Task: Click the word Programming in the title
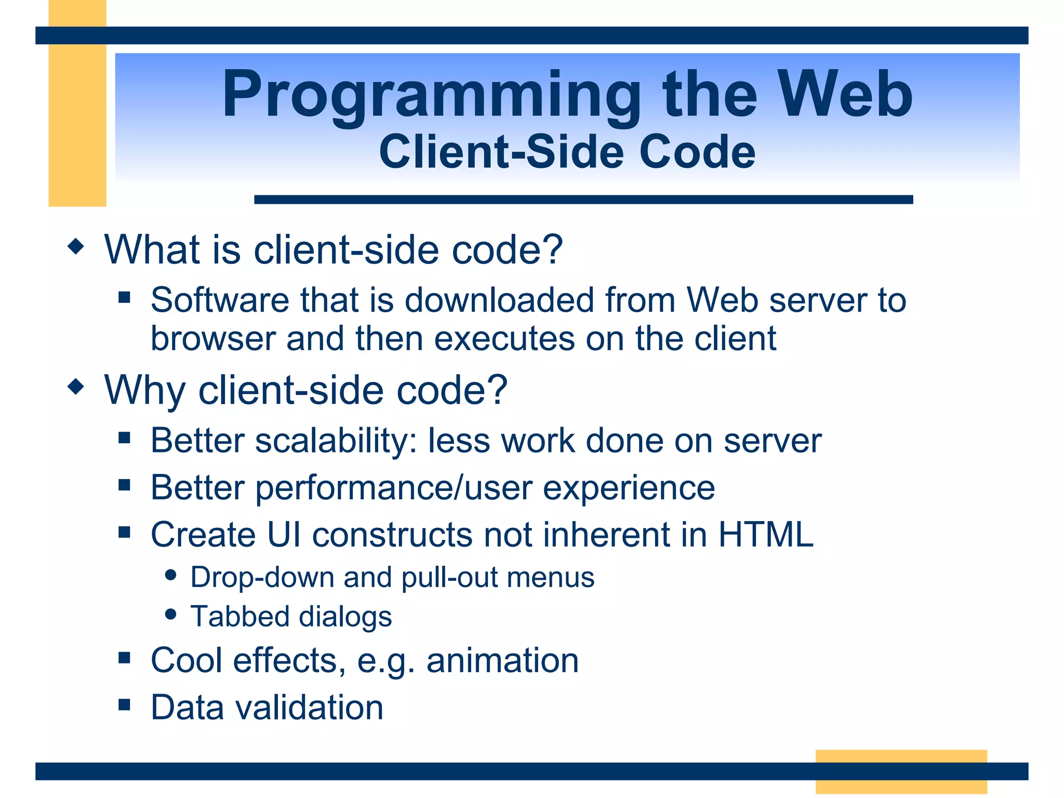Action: pos(431,96)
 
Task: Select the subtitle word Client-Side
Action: pos(501,152)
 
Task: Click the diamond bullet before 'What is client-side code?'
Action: pos(76,246)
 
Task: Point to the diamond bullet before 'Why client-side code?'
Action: pos(76,387)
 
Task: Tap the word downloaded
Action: pos(499,300)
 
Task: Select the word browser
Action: pos(214,339)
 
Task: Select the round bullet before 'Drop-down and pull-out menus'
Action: pos(170,575)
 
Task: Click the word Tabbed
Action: pos(240,617)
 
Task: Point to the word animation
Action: pos(502,660)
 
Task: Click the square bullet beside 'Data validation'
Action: pos(124,704)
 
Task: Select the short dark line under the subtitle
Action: pos(583,199)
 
